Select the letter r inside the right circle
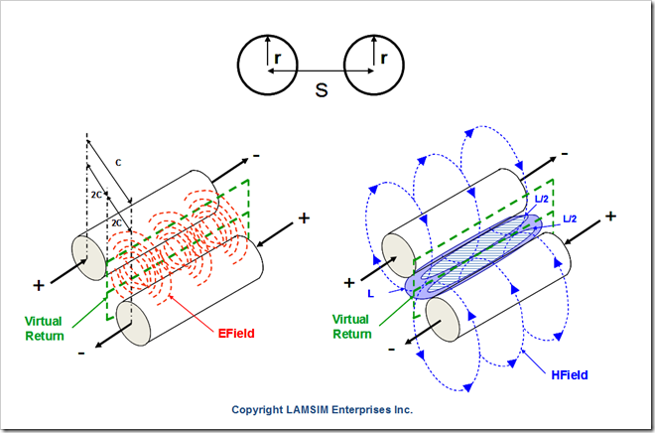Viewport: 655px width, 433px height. click(383, 59)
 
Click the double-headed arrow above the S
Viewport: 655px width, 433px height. click(322, 71)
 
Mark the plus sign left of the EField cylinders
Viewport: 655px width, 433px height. click(38, 285)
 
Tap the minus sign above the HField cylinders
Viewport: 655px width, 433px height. click(564, 154)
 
